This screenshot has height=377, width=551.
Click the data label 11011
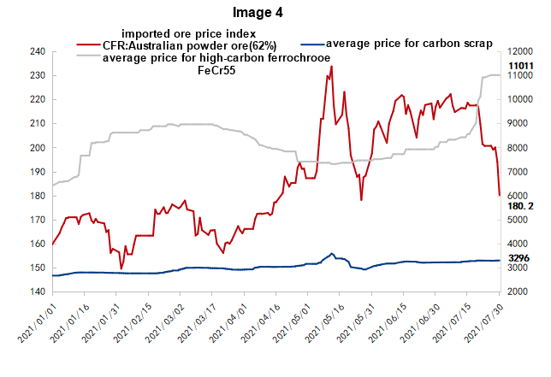(520, 66)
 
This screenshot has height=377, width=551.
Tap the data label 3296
(519, 257)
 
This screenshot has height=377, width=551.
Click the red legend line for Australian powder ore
(89, 44)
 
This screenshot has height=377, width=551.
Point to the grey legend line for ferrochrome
(89, 57)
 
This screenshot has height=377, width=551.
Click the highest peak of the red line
(332, 67)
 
